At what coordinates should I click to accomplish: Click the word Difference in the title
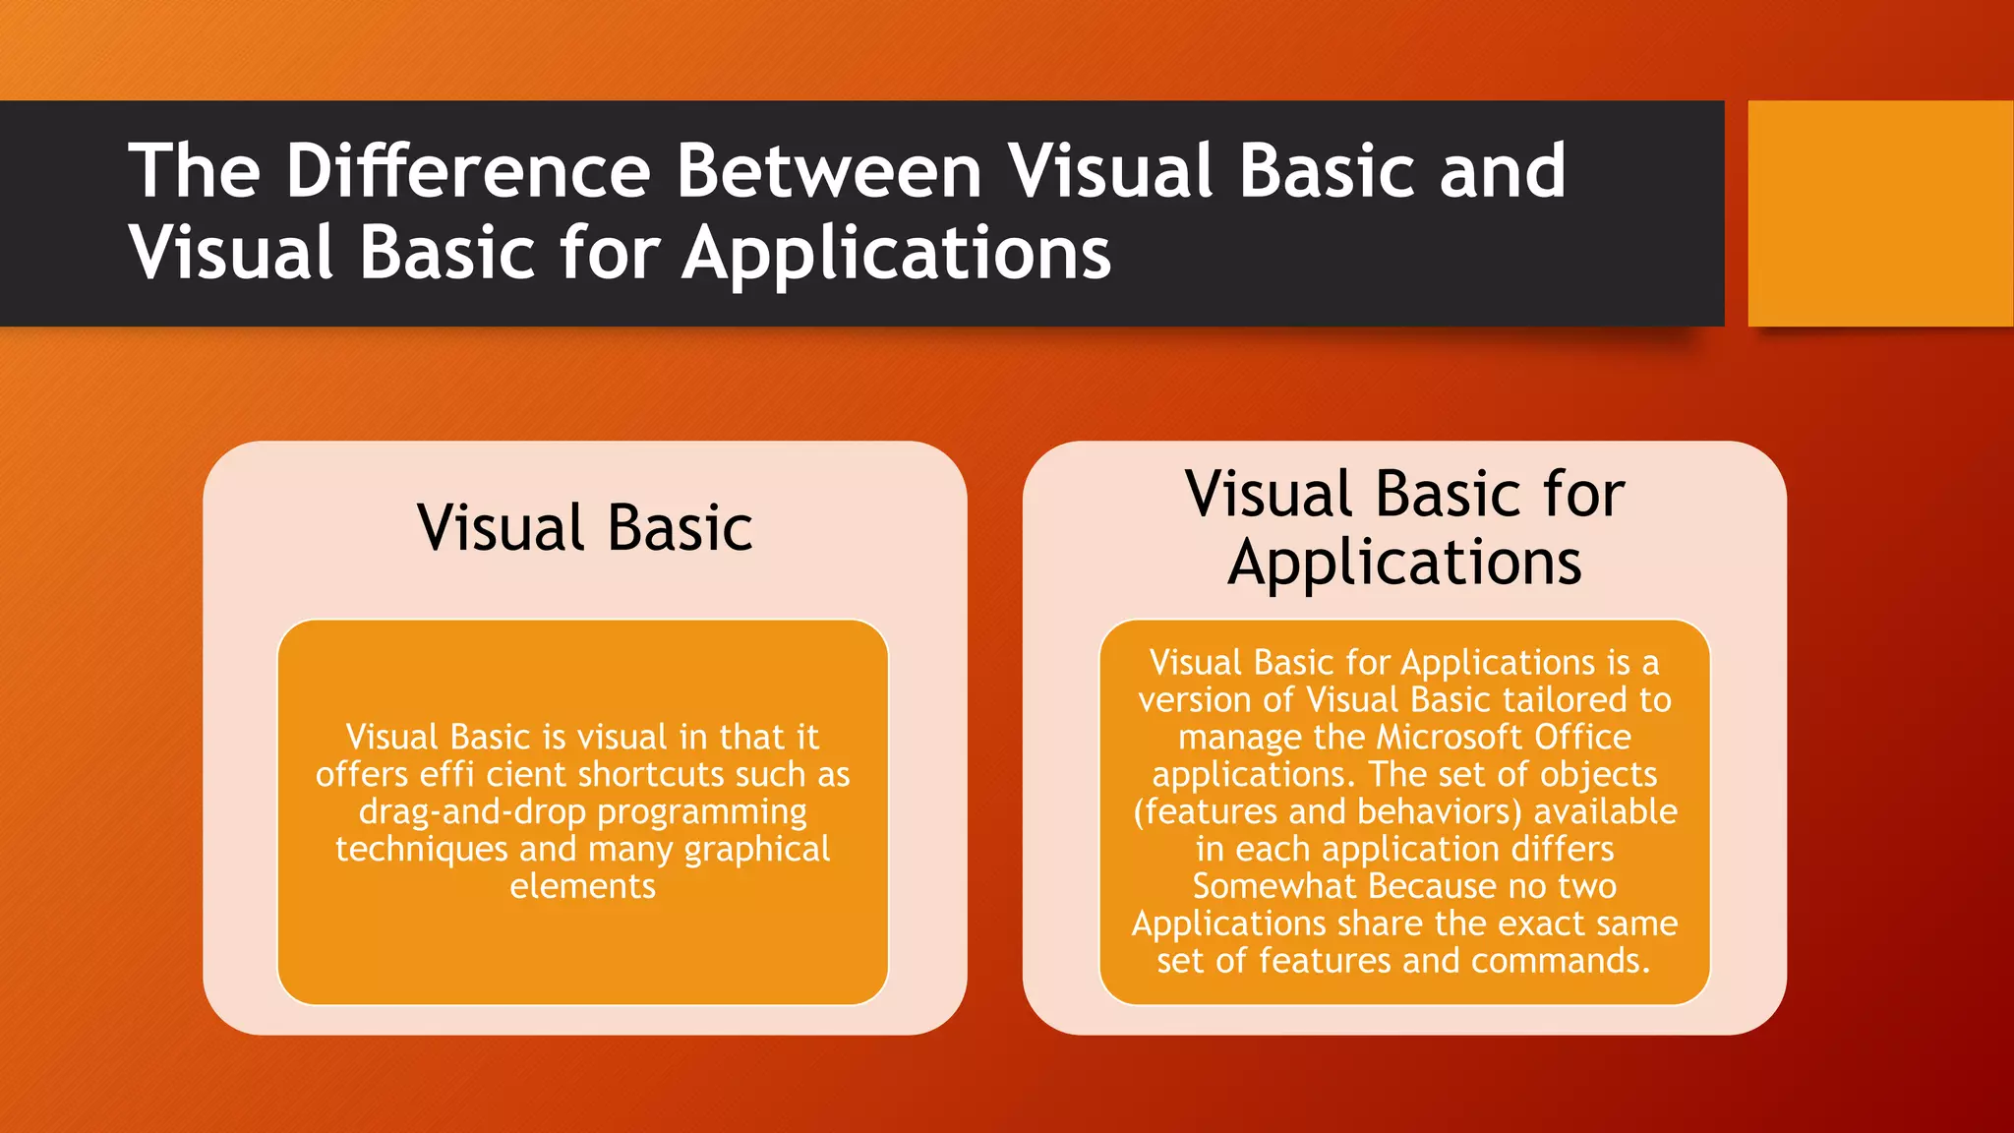467,171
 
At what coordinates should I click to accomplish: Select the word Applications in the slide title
896,254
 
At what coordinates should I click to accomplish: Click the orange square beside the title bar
1879,213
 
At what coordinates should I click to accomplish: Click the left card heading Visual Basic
584,528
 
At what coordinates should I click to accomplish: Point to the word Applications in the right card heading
1404,564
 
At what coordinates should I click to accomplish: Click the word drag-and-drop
473,812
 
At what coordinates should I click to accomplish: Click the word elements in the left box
582,887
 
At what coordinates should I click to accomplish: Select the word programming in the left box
702,812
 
